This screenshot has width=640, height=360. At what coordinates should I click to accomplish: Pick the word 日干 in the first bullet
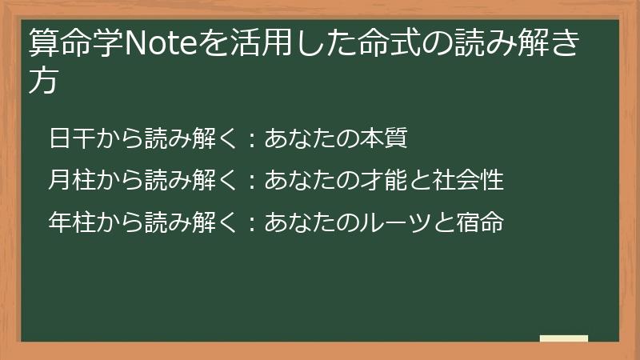pos(71,138)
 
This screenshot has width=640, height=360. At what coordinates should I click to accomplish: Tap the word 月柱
pos(71,179)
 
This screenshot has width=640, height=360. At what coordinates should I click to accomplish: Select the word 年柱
pos(71,221)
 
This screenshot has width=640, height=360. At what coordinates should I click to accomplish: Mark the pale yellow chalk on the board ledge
pos(563,338)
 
